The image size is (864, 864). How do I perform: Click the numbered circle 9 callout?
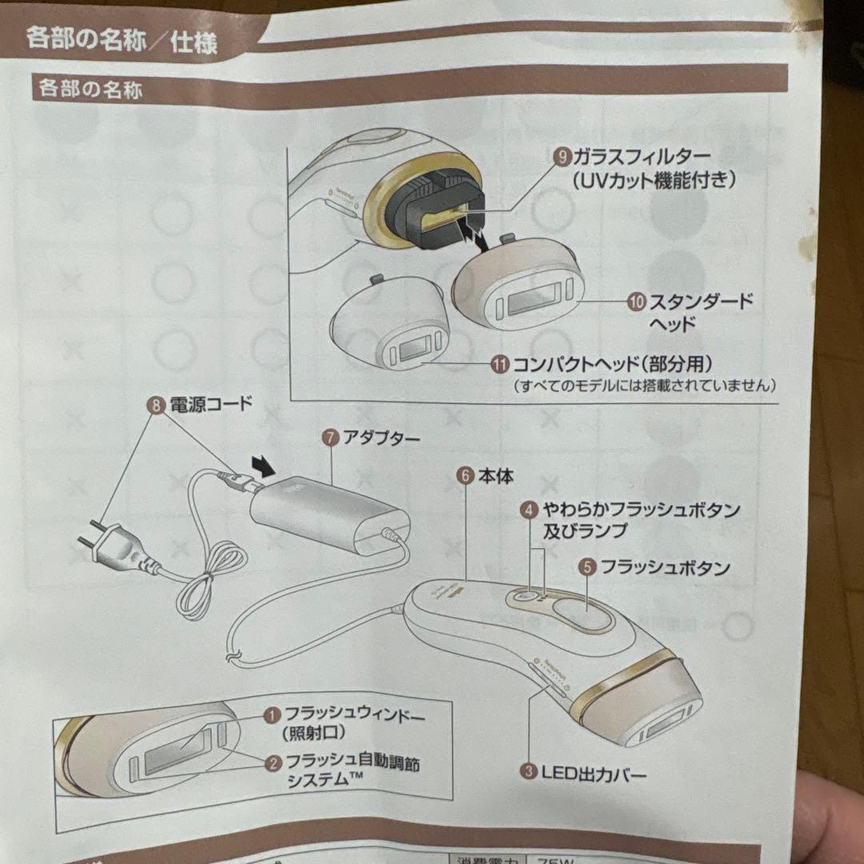click(563, 156)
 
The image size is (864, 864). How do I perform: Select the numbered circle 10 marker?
click(636, 302)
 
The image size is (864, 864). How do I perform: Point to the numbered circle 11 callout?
click(500, 364)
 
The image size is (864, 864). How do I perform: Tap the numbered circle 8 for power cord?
click(155, 404)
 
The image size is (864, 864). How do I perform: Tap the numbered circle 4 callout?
click(527, 509)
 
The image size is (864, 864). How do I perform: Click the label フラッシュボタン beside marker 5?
click(665, 567)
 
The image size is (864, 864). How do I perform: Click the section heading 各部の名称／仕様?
click(122, 38)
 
